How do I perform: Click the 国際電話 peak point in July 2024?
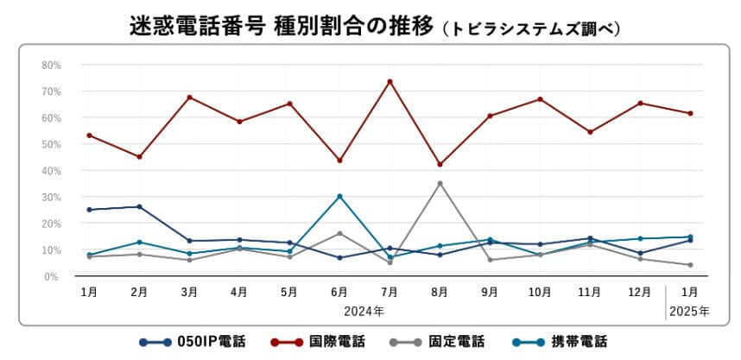pyautogui.click(x=389, y=81)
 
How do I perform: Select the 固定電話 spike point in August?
pyautogui.click(x=440, y=183)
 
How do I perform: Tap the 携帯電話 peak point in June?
pyautogui.click(x=339, y=196)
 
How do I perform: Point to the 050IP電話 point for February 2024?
pyautogui.click(x=139, y=206)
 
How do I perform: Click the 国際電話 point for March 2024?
pyautogui.click(x=189, y=97)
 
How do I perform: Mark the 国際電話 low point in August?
pyautogui.click(x=440, y=164)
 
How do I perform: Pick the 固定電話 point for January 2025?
pyautogui.click(x=690, y=265)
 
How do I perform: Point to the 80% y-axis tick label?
pyautogui.click(x=50, y=65)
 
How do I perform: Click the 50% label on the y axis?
pyautogui.click(x=50, y=144)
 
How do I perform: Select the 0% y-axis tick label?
pyautogui.click(x=52, y=276)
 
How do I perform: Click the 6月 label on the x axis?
pyautogui.click(x=339, y=293)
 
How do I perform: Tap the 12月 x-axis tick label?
pyautogui.click(x=640, y=293)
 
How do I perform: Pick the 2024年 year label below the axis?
pyautogui.click(x=364, y=309)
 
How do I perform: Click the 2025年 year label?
pyautogui.click(x=690, y=309)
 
